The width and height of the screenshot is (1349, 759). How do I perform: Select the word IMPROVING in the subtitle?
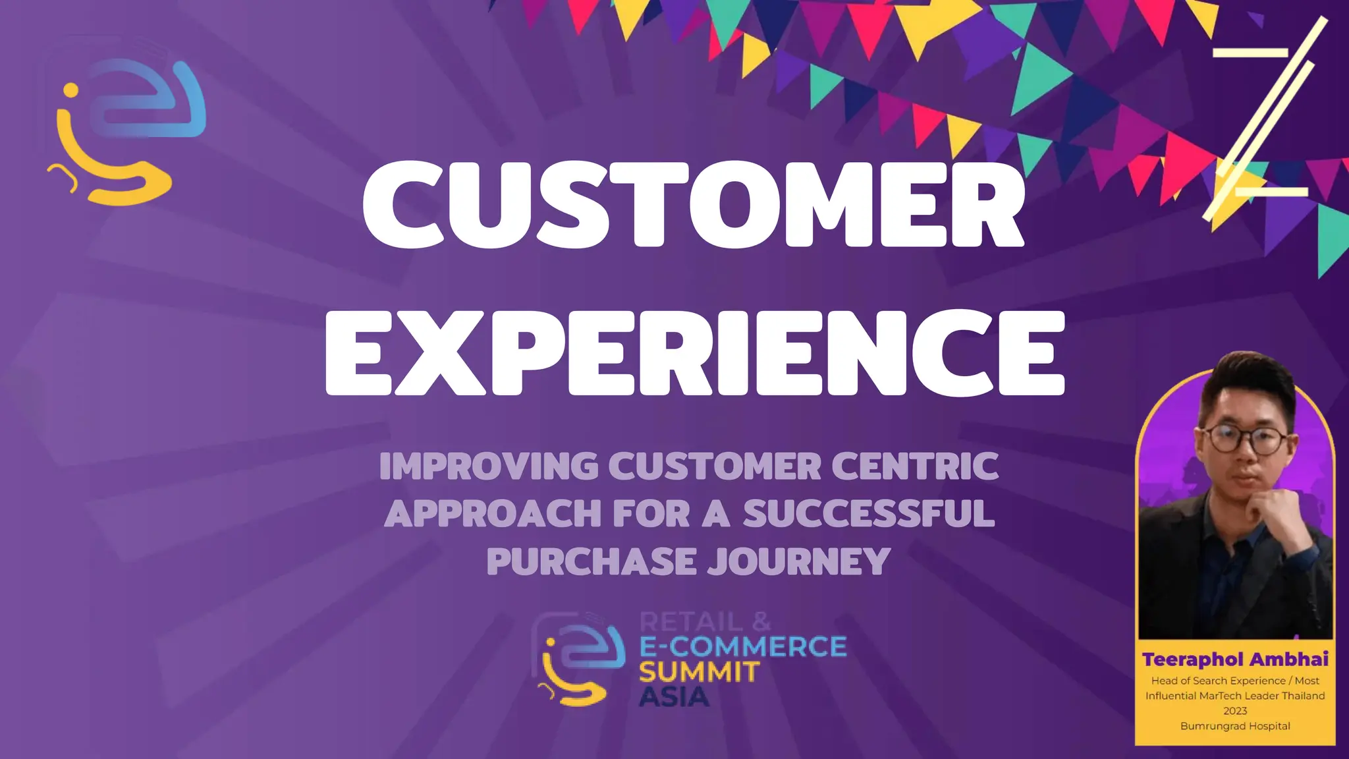click(x=489, y=466)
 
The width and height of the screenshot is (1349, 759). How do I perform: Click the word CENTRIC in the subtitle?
click(x=915, y=466)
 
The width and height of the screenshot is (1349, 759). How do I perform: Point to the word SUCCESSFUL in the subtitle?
click(x=869, y=514)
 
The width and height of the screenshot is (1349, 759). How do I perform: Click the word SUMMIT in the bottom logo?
click(x=699, y=673)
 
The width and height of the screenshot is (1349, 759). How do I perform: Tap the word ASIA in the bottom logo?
click(x=674, y=697)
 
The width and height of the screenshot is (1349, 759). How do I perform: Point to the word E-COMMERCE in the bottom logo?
click(x=743, y=647)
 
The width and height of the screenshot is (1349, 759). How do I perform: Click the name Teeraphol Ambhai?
click(x=1235, y=660)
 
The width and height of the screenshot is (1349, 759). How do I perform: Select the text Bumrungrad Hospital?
click(x=1235, y=726)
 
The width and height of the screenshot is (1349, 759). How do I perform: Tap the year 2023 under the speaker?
click(x=1235, y=711)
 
